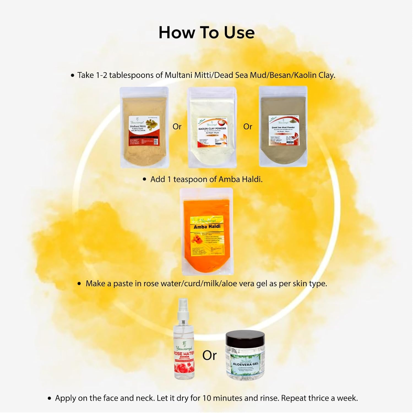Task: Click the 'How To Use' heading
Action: tap(206, 33)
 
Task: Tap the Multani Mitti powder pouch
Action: tap(144, 127)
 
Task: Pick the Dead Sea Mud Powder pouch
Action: tap(283, 127)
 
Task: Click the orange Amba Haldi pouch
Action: tap(206, 231)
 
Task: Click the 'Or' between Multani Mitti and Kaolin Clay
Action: tap(177, 127)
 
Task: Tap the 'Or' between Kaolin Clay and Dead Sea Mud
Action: tap(248, 127)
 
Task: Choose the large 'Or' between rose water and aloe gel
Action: tap(210, 355)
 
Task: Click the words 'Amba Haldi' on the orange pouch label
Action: tap(207, 227)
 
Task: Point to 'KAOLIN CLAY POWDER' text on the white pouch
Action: tap(212, 129)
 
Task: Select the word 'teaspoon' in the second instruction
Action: tap(190, 180)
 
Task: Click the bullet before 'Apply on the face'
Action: tap(50, 398)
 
